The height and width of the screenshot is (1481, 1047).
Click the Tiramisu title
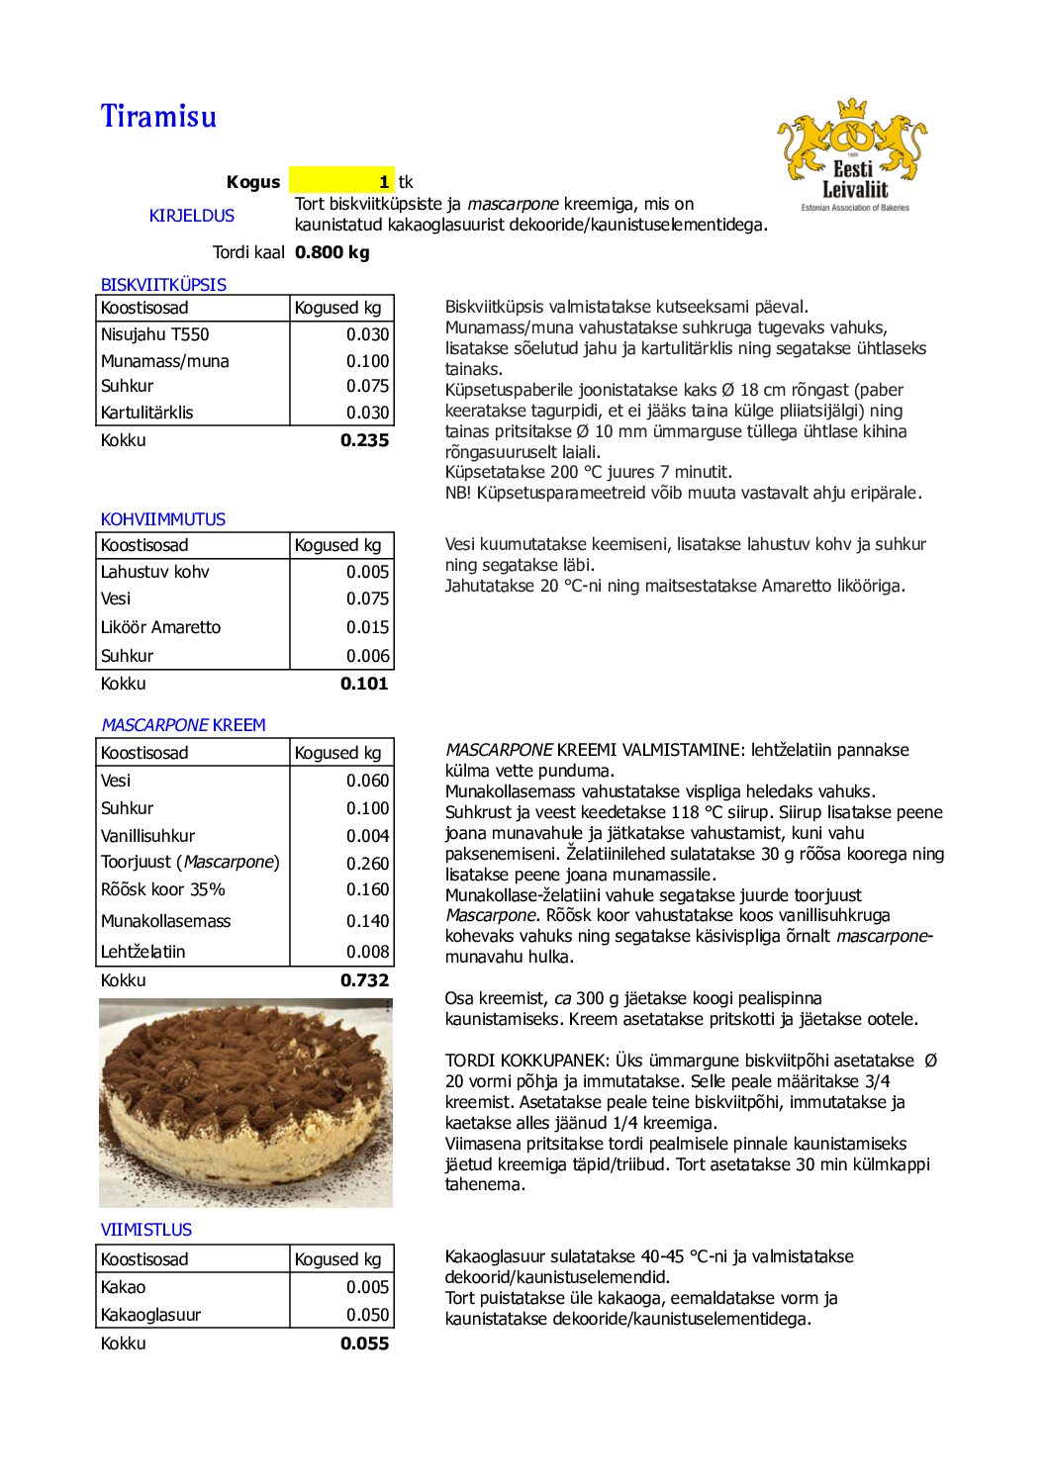click(158, 117)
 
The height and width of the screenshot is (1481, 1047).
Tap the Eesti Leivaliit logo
click(853, 154)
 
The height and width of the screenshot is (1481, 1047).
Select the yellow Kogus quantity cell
click(341, 181)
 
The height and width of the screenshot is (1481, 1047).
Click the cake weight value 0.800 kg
click(333, 252)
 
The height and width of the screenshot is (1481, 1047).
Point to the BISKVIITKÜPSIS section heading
click(163, 285)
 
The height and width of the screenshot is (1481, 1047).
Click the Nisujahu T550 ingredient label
click(155, 334)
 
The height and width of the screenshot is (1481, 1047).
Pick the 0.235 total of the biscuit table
click(364, 440)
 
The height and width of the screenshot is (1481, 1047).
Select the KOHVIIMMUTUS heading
click(163, 519)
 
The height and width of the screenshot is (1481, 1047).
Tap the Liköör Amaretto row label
click(160, 627)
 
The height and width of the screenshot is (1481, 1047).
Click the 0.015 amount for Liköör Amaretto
click(367, 627)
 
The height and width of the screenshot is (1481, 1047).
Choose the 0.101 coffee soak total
click(364, 684)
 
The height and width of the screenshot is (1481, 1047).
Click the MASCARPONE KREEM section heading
click(183, 725)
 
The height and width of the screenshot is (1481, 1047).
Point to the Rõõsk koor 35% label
click(163, 889)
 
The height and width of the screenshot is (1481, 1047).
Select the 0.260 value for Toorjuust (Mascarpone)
click(367, 863)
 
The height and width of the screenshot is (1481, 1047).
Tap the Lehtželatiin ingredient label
click(143, 952)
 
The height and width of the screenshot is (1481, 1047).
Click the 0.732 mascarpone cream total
click(364, 980)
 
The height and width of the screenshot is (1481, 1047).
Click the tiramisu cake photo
click(245, 1103)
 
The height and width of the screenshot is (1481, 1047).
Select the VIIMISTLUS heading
click(146, 1230)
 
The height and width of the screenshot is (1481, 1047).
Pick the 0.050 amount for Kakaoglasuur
click(367, 1315)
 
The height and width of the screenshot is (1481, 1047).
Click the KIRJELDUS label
click(192, 216)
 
